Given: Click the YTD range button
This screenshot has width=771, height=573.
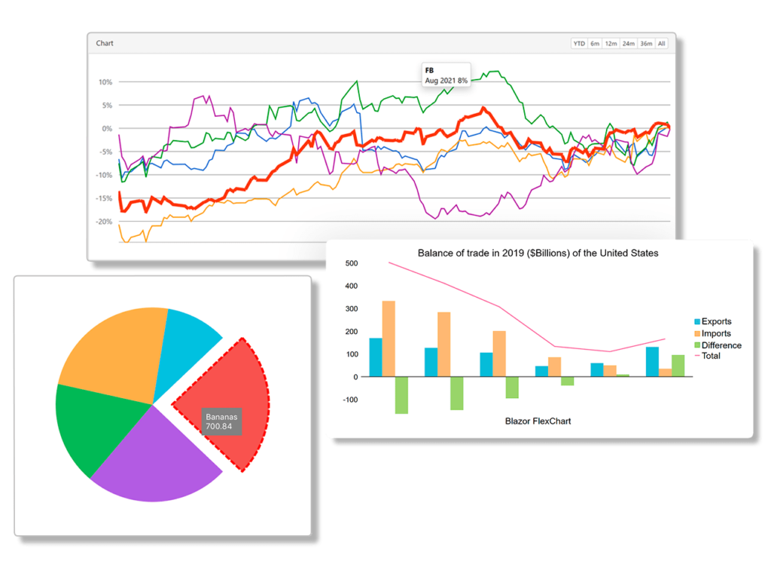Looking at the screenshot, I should point(579,43).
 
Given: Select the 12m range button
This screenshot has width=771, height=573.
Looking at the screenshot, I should point(611,43).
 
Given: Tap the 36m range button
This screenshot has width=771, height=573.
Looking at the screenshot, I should point(646,43).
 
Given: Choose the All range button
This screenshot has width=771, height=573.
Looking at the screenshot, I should point(661,43).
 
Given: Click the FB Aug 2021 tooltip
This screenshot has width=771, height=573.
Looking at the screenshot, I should point(446,75).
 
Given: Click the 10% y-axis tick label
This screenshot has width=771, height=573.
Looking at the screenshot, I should point(105,82).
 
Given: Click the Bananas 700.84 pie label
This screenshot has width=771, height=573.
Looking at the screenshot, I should point(221,421).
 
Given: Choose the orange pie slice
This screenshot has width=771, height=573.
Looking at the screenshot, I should point(113,347).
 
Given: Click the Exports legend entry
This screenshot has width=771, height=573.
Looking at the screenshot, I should point(715,321).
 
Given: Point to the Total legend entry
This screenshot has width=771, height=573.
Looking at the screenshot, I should point(710,356).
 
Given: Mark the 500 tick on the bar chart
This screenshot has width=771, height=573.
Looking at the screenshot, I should point(351,263).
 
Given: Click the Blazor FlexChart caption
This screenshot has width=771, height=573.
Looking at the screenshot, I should point(538,421).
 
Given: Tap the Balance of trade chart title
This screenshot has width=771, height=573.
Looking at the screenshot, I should point(538,253).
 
